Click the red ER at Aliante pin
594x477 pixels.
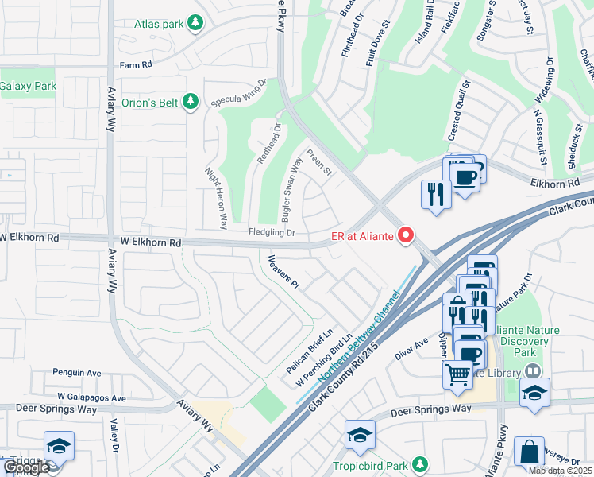pyautogui.click(x=406, y=235)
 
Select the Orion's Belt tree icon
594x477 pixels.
pyautogui.click(x=190, y=101)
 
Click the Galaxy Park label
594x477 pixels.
pyautogui.click(x=28, y=86)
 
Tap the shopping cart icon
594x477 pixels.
pyautogui.click(x=457, y=374)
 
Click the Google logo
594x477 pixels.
pyautogui.click(x=25, y=467)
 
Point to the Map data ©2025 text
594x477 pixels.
pyautogui.click(x=559, y=471)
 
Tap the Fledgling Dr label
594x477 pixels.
pyautogui.click(x=272, y=233)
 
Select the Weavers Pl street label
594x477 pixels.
pyautogui.click(x=283, y=272)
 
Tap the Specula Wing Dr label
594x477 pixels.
pyautogui.click(x=237, y=93)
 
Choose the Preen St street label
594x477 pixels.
pyautogui.click(x=318, y=164)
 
